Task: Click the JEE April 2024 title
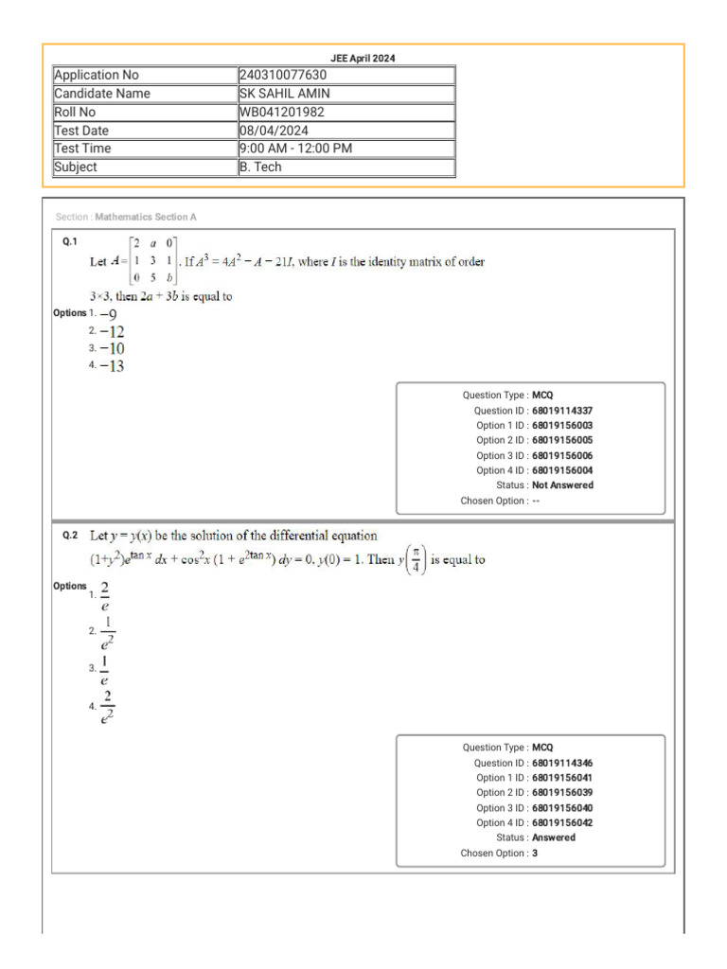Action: [x=363, y=58]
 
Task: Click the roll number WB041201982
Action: [x=283, y=112]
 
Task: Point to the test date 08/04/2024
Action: [x=274, y=131]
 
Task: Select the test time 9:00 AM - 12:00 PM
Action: [x=295, y=149]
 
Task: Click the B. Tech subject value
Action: [x=260, y=167]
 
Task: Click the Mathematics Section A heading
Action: [x=146, y=218]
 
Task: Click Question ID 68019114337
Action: [x=562, y=411]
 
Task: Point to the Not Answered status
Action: [x=563, y=484]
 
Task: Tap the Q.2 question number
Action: [x=70, y=536]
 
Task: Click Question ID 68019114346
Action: [x=562, y=763]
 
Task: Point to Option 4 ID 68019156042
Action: [x=562, y=822]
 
